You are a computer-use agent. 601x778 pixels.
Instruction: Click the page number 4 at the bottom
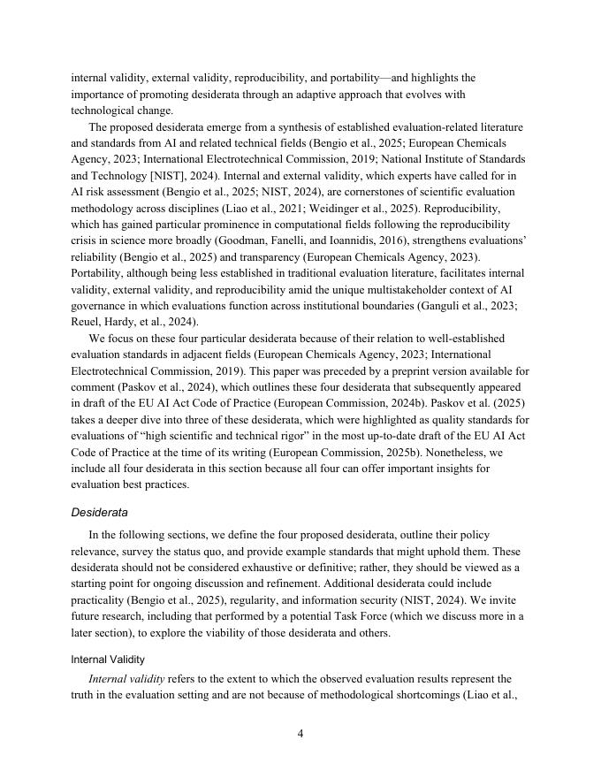300,733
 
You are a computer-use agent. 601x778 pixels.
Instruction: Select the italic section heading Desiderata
99,512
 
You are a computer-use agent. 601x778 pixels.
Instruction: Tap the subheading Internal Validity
108,659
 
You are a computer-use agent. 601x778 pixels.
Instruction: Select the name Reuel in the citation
87,321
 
